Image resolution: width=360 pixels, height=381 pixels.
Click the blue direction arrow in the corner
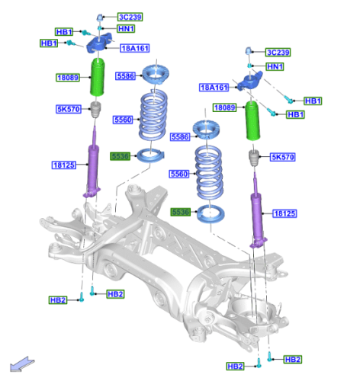(x=21, y=364)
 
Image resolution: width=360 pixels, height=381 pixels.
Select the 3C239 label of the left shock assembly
(x=130, y=17)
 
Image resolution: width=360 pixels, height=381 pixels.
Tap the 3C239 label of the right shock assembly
(x=278, y=53)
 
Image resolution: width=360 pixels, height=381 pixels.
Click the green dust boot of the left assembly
(x=97, y=77)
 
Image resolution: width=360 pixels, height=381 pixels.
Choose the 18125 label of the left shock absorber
(x=64, y=165)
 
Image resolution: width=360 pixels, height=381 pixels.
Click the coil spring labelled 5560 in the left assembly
(x=153, y=116)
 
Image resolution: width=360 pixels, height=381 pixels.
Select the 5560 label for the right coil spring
(x=179, y=174)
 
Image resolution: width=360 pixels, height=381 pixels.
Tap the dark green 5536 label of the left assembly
(x=120, y=156)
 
